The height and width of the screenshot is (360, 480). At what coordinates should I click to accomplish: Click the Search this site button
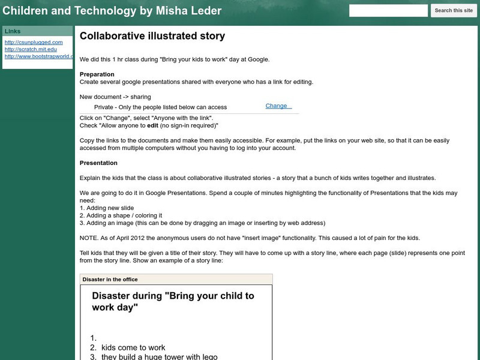(454, 11)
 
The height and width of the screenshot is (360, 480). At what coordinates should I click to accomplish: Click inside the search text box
(388, 11)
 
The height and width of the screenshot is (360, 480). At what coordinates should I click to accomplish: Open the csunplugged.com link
(34, 43)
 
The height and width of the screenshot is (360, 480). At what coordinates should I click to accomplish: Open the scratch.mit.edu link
(31, 50)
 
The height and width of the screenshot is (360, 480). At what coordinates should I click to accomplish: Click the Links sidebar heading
(13, 31)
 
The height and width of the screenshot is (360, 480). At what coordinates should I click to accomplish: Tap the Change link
(277, 106)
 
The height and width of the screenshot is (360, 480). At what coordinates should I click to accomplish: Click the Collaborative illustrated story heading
(152, 36)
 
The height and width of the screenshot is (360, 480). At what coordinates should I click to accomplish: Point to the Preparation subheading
(97, 74)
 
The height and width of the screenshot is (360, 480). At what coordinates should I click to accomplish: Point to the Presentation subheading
(98, 163)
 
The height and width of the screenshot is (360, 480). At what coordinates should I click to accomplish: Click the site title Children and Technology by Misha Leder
(112, 11)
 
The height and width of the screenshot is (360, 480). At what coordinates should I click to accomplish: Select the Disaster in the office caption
(110, 280)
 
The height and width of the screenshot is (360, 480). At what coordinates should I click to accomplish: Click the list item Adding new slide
(106, 208)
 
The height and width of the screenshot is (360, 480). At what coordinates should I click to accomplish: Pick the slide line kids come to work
(133, 347)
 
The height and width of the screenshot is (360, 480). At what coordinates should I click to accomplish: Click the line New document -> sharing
(115, 97)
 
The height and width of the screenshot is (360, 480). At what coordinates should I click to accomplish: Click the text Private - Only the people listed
(160, 107)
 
